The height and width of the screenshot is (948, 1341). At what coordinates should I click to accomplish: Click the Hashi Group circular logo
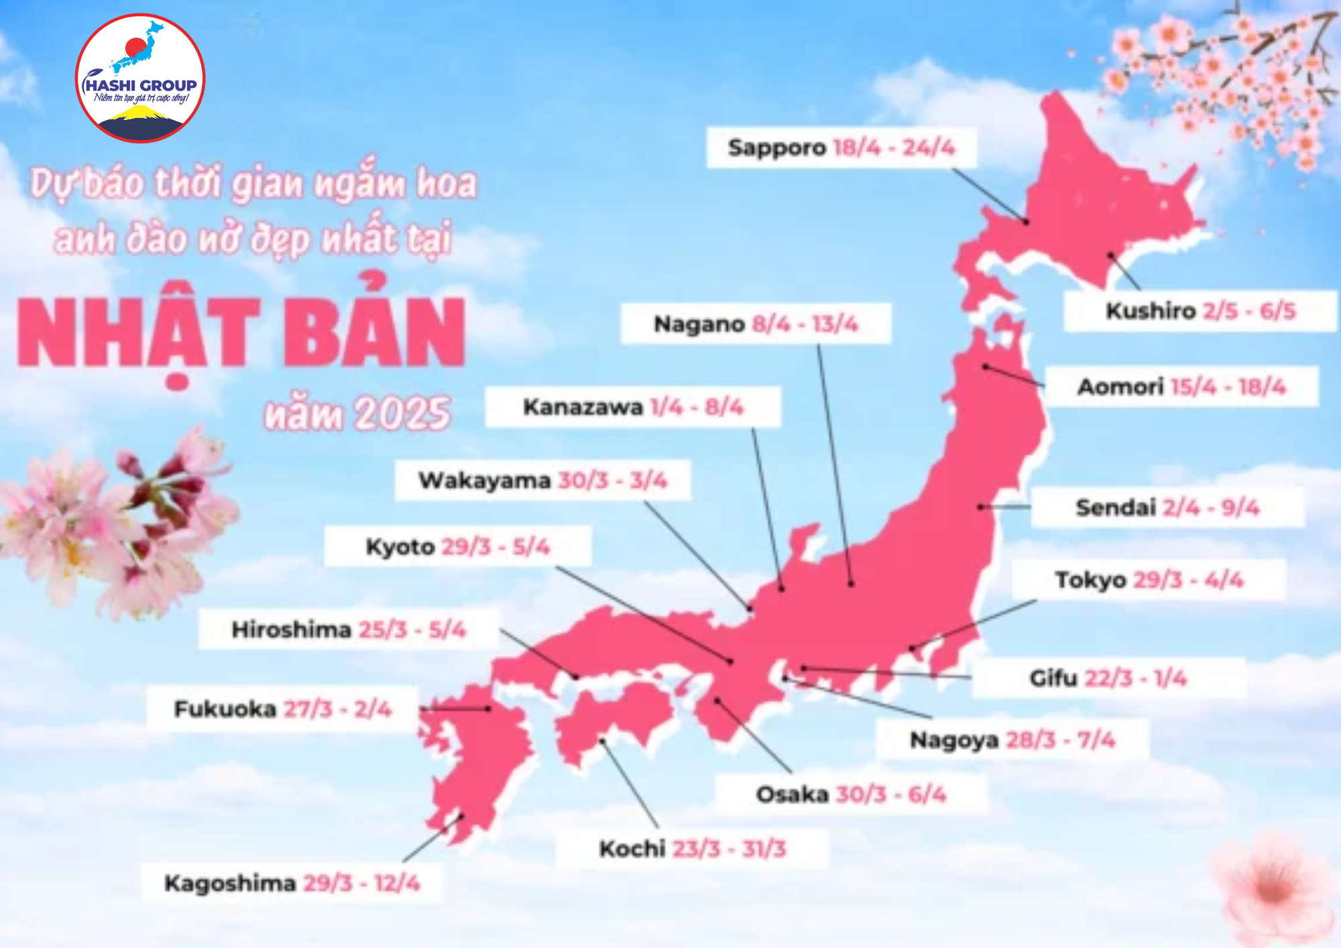(140, 78)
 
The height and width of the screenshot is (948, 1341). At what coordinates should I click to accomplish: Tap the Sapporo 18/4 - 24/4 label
(841, 147)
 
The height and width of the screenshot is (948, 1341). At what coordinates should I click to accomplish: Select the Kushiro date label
(1200, 311)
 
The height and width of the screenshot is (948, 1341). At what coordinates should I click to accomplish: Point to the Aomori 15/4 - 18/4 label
(1181, 387)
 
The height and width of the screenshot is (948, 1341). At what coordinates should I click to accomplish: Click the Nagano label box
(756, 324)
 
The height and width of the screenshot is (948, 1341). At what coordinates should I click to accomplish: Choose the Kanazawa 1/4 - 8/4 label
(633, 407)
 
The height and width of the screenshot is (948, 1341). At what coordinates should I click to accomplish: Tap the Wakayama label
(542, 480)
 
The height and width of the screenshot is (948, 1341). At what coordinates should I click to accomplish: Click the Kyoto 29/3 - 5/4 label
(457, 546)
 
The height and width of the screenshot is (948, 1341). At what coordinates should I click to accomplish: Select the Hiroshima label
(348, 630)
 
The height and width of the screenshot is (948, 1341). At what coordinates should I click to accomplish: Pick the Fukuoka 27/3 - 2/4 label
(282, 709)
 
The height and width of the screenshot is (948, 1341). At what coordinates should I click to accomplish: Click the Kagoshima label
(292, 883)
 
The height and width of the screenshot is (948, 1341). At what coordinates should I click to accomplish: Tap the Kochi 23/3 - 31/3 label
(692, 849)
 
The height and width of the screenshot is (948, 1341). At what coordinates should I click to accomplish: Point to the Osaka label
(851, 794)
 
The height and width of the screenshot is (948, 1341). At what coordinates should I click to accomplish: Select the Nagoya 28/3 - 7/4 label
(1012, 740)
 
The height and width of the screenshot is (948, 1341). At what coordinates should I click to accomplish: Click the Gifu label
(1108, 678)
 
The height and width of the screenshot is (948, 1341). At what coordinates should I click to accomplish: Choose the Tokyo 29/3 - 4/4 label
(1149, 579)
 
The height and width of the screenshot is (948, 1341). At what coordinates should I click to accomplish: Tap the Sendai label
(1167, 508)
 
